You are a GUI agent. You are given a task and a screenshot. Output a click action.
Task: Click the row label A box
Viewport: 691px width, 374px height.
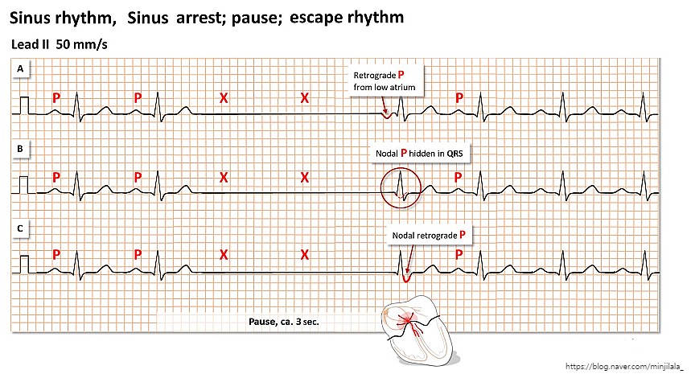point(21,71)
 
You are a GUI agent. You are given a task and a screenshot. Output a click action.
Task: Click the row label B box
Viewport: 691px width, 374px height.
point(21,149)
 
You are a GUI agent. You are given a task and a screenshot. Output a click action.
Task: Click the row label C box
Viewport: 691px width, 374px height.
point(21,228)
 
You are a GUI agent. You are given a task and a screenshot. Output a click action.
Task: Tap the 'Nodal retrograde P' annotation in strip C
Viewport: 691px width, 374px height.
point(429,234)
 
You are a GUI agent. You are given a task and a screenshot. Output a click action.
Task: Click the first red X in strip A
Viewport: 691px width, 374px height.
point(224,98)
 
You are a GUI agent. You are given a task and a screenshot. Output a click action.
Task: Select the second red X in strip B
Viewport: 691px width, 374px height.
point(305,177)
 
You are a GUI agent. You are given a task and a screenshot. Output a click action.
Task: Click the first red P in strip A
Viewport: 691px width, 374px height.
point(56,98)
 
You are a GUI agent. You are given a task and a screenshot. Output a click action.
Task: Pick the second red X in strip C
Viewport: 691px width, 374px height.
point(305,255)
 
